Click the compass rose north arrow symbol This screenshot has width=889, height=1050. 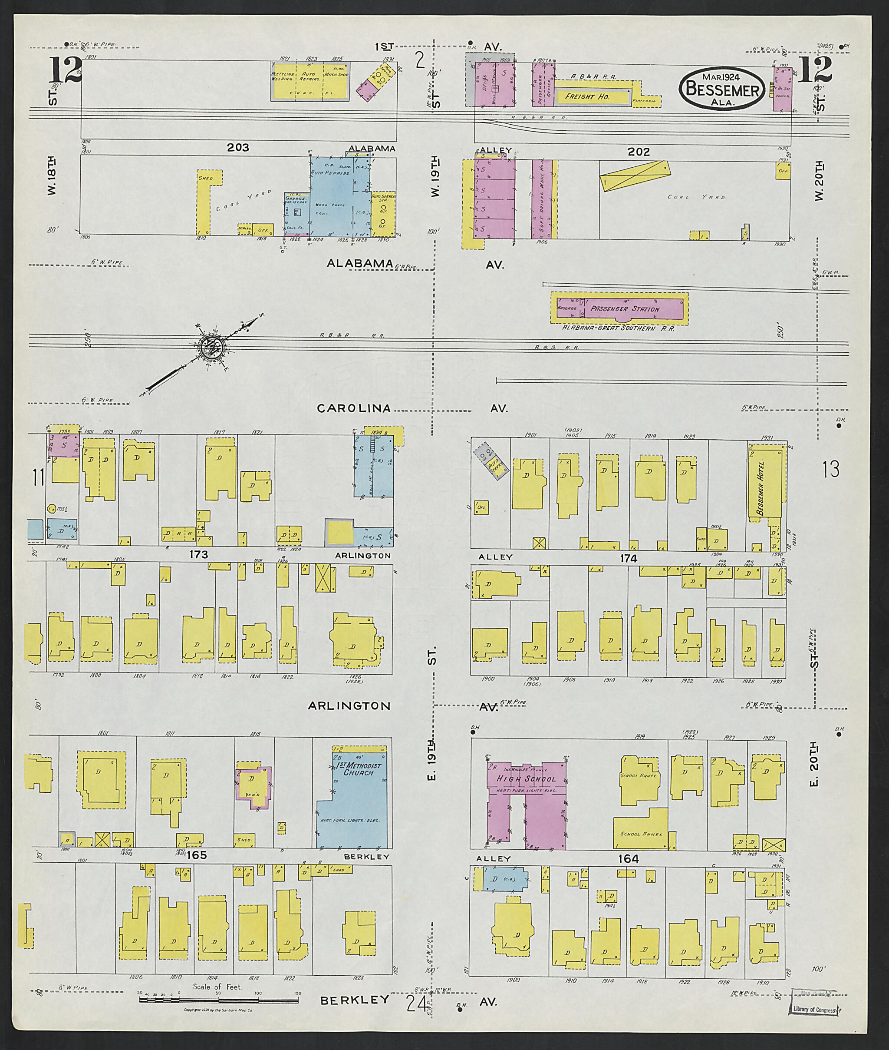click(x=212, y=346)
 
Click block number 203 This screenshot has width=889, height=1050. click(x=238, y=147)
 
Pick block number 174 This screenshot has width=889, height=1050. click(x=629, y=558)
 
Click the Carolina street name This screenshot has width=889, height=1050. click(x=354, y=408)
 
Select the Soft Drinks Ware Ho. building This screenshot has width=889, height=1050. click(x=542, y=199)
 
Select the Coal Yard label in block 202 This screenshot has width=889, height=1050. click(x=696, y=197)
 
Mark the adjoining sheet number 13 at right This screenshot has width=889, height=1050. click(x=830, y=469)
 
